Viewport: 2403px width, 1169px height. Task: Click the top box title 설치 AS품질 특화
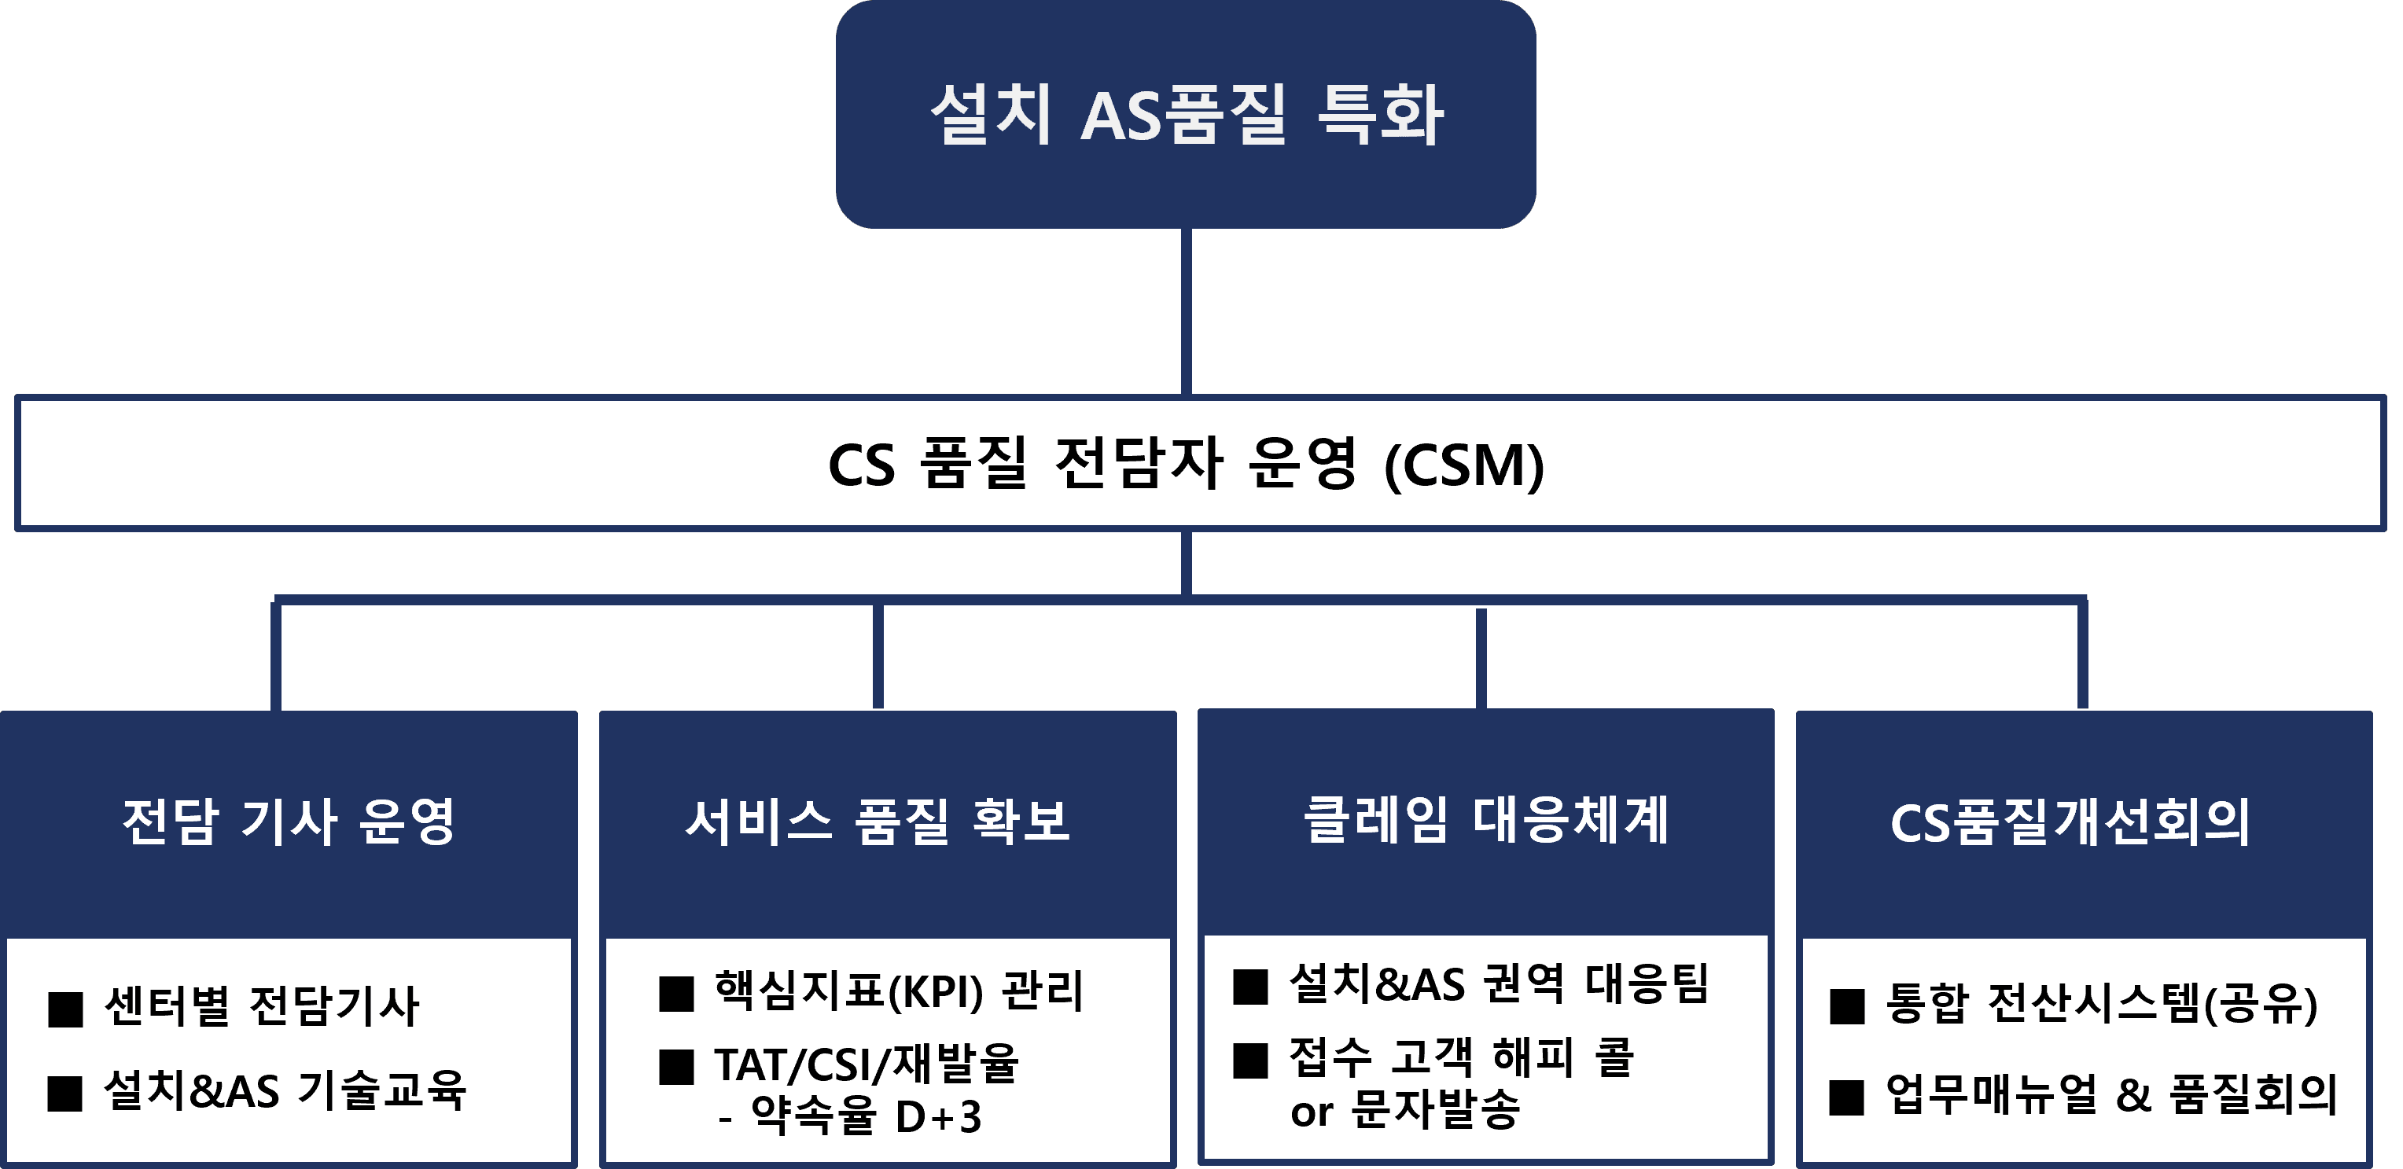(x=1187, y=114)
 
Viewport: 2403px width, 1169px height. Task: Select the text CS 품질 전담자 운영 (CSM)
(x=1186, y=464)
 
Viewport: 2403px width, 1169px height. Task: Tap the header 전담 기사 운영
(x=289, y=821)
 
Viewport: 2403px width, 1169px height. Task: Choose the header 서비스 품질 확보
(x=877, y=821)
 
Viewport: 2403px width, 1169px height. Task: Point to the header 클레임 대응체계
(x=1485, y=819)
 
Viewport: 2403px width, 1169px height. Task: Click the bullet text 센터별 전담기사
(x=262, y=1005)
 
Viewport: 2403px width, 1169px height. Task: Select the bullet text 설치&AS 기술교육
(x=285, y=1089)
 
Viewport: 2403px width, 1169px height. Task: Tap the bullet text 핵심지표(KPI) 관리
(x=898, y=990)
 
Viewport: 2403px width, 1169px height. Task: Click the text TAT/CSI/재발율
(x=867, y=1064)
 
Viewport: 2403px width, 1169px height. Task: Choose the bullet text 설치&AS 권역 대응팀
(x=1498, y=983)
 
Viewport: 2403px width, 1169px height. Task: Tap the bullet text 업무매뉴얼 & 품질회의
(x=2112, y=1094)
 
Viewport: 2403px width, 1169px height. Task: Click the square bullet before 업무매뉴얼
(x=1847, y=1098)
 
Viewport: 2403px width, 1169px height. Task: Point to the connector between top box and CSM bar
(x=1187, y=311)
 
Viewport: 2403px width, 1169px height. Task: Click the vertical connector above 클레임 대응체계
(x=1481, y=659)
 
